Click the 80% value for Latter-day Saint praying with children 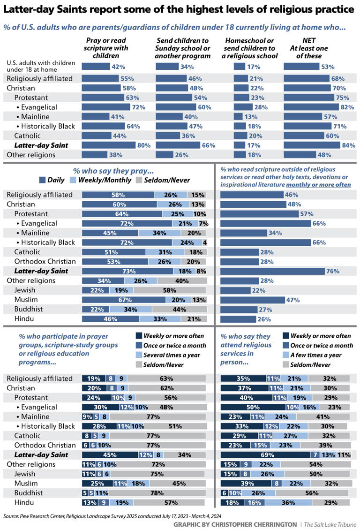pyautogui.click(x=143, y=145)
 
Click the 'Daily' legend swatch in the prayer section pyautogui.click(x=42, y=180)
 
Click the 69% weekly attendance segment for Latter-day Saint pyautogui.click(x=266, y=455)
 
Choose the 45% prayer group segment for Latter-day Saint pyautogui.click(x=110, y=455)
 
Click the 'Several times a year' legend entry pyautogui.click(x=165, y=355)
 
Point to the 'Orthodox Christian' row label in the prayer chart pyautogui.click(x=45, y=261)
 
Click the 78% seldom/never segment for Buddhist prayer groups pyautogui.click(x=157, y=493)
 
